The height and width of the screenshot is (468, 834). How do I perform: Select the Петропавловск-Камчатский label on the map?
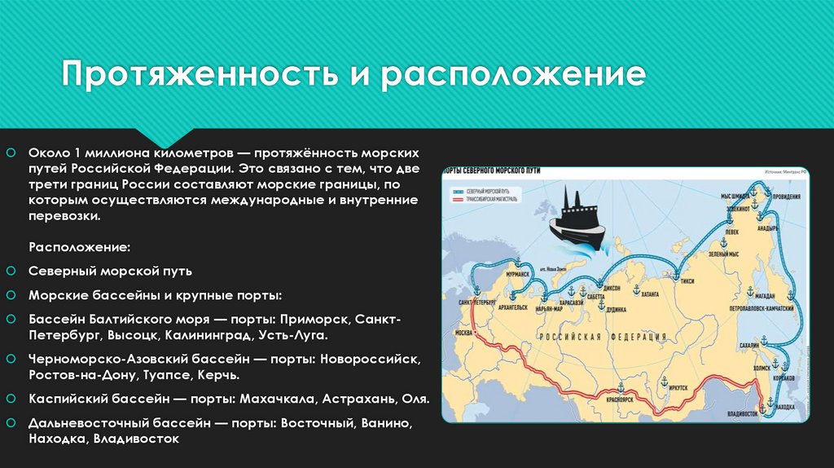coord(762,310)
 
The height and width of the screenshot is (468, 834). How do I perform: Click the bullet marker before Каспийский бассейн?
coord(10,400)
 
